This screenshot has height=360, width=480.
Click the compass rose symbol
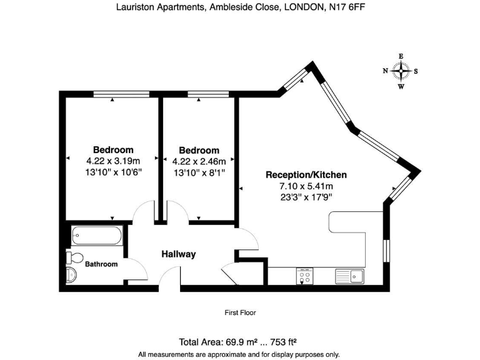(401, 71)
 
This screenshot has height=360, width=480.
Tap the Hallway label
(179, 254)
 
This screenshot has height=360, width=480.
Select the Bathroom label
(101, 264)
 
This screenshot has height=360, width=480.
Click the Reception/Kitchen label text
(306, 175)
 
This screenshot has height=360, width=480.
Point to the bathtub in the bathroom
(97, 236)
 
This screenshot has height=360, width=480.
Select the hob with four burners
(305, 276)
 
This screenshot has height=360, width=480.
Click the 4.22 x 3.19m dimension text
(113, 161)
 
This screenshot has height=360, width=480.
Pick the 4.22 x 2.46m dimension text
(199, 161)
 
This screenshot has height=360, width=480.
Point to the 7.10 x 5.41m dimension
(306, 186)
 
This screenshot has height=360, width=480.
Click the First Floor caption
(240, 312)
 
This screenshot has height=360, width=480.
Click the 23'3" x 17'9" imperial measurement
(306, 196)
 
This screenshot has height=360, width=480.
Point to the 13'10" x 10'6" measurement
(113, 172)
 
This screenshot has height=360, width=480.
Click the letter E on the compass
(401, 57)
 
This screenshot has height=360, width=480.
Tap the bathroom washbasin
(71, 276)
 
